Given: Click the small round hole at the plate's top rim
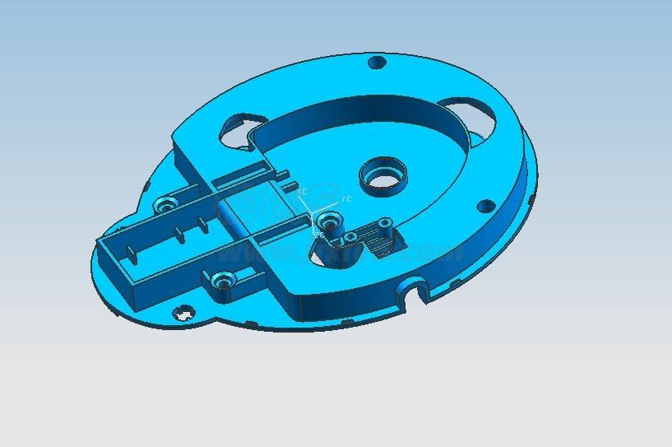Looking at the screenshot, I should (377, 62).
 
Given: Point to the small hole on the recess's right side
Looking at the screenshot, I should (486, 205).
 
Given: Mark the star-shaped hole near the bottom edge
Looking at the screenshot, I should (184, 313).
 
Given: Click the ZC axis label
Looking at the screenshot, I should (319, 235).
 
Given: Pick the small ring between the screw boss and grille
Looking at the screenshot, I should (351, 238).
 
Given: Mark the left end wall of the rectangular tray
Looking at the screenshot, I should (114, 264).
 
